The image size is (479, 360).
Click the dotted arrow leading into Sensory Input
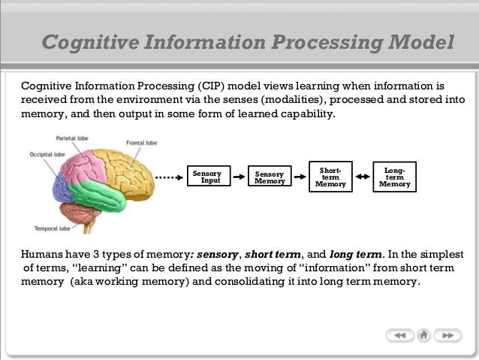170,178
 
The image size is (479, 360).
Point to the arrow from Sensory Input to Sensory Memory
239,178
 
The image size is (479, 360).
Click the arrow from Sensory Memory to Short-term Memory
300,178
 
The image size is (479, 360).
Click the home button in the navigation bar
424,335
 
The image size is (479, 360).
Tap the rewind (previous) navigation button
400,335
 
